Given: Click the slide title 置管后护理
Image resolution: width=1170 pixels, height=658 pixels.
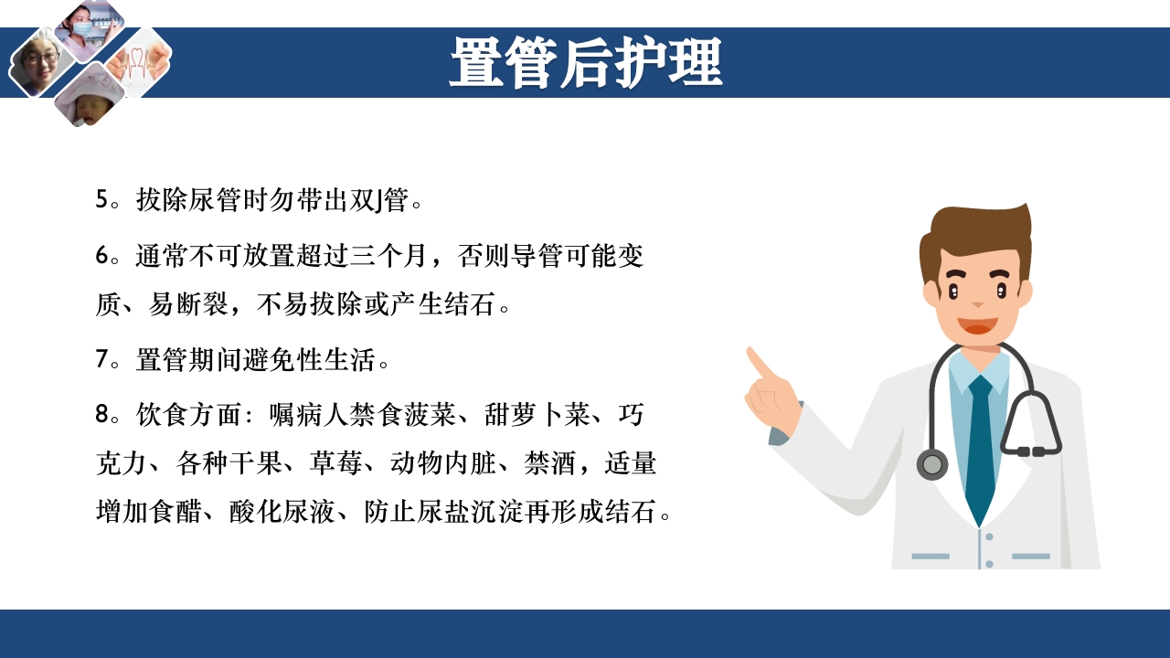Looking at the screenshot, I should [x=585, y=62].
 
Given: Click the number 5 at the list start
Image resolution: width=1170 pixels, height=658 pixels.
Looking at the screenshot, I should [x=102, y=200].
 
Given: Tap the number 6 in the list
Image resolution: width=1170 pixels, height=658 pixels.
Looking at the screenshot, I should [x=102, y=255].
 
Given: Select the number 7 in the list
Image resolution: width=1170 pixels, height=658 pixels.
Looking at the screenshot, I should [x=102, y=359].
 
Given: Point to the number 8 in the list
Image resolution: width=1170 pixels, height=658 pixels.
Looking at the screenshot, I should [x=102, y=414].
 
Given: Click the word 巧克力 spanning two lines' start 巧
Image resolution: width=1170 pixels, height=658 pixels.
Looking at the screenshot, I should [x=632, y=414].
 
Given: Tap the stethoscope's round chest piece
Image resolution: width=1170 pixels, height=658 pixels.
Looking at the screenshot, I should [x=932, y=465].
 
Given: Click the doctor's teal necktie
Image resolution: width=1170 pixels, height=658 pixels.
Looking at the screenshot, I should [x=980, y=448].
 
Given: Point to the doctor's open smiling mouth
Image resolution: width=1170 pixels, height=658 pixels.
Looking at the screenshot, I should [x=977, y=325].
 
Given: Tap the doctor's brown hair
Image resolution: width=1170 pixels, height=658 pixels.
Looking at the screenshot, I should [x=976, y=233].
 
